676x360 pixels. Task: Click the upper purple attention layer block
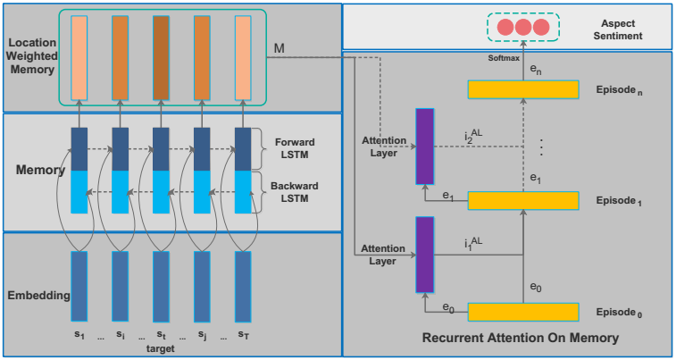pyautogui.click(x=424, y=147)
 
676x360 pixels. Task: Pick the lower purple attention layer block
pyautogui.click(x=424, y=255)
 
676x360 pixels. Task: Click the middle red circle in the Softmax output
pyautogui.click(x=522, y=27)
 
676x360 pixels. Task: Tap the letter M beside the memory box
pyautogui.click(x=280, y=46)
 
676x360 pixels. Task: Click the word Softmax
pyautogui.click(x=503, y=56)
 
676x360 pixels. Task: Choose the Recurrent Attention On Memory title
pyautogui.click(x=508, y=339)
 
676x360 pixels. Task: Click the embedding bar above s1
pyautogui.click(x=79, y=286)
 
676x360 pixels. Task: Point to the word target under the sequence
pyautogui.click(x=160, y=348)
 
